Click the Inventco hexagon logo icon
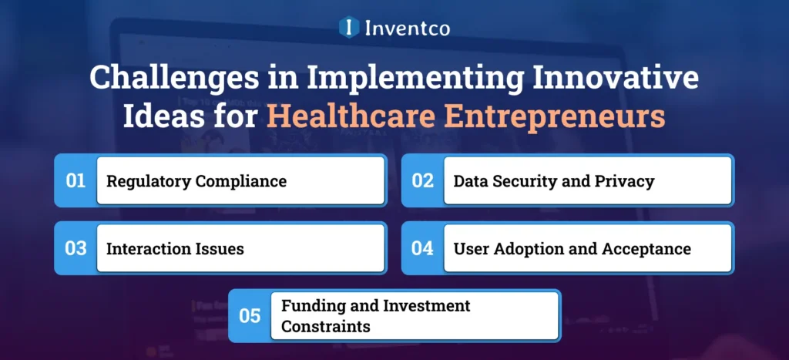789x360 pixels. pyautogui.click(x=350, y=28)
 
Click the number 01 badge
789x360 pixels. pyautogui.click(x=76, y=181)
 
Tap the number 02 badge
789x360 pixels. pyautogui.click(x=423, y=181)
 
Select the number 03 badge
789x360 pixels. pyautogui.click(x=76, y=249)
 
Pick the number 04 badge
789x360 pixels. pyautogui.click(x=423, y=249)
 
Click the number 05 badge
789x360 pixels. pyautogui.click(x=250, y=316)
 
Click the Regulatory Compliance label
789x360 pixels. pyautogui.click(x=196, y=182)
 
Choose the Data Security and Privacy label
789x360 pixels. pyautogui.click(x=553, y=182)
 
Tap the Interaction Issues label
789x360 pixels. pyautogui.click(x=175, y=249)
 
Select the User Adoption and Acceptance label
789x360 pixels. pyautogui.click(x=572, y=249)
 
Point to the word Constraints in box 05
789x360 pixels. pyautogui.click(x=325, y=326)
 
